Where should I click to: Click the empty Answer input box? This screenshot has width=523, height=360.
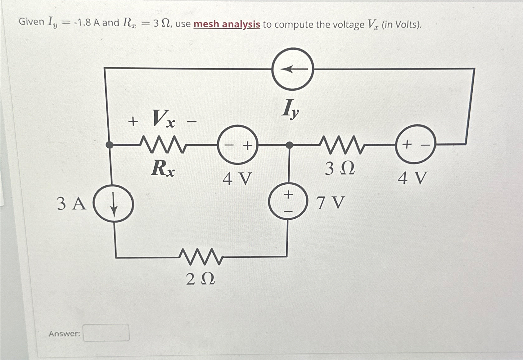(x=106, y=333)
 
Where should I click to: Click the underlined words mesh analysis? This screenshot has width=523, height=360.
(x=227, y=24)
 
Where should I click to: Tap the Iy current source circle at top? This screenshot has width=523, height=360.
(x=292, y=69)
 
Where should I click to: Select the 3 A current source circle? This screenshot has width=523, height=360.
(x=114, y=204)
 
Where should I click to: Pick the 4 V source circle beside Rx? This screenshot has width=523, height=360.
(x=237, y=145)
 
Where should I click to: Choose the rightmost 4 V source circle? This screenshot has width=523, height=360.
(x=415, y=144)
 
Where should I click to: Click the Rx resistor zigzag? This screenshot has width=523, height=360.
(x=163, y=145)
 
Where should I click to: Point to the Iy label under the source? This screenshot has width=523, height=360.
(x=291, y=109)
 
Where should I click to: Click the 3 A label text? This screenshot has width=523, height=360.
(x=71, y=204)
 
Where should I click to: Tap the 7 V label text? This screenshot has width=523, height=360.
(x=331, y=203)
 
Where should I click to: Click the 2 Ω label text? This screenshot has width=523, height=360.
(x=201, y=280)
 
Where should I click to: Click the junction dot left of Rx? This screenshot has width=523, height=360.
(x=109, y=145)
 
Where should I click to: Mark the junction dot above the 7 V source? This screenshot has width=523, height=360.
(x=289, y=145)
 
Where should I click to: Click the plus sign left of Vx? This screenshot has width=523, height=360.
(x=133, y=122)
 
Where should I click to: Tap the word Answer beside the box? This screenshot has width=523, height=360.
(x=65, y=334)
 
